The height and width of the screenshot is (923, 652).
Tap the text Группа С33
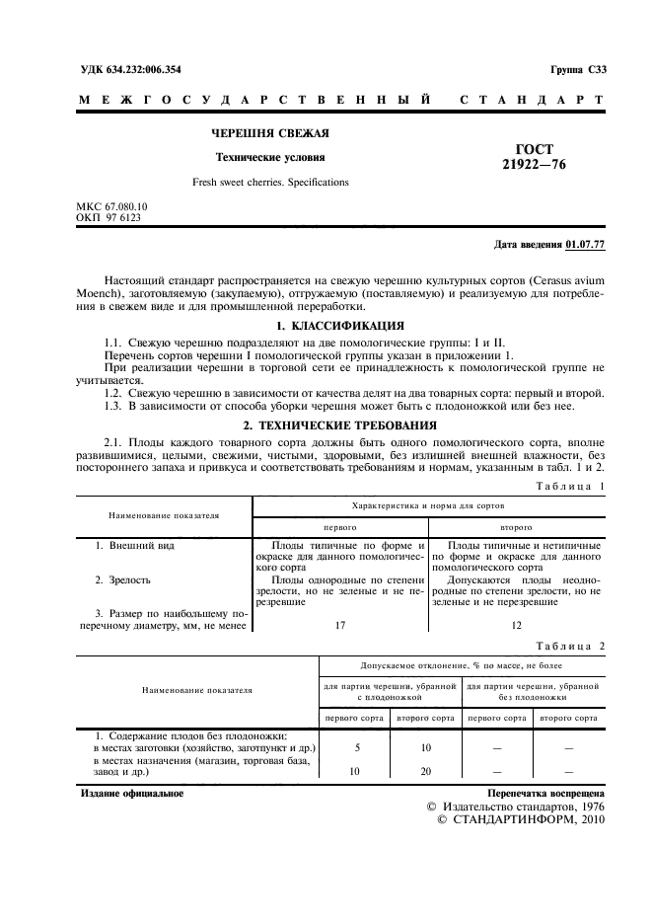click(x=577, y=69)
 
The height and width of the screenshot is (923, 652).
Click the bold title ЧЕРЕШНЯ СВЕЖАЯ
click(x=271, y=133)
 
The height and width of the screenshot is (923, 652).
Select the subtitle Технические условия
click(x=271, y=157)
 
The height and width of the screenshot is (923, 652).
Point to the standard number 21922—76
click(x=534, y=165)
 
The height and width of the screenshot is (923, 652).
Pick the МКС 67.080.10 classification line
click(x=111, y=205)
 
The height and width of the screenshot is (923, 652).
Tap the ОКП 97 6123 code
click(x=108, y=216)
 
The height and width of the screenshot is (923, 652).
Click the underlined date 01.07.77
click(x=586, y=245)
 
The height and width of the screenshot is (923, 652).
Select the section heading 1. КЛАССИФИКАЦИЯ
click(x=340, y=325)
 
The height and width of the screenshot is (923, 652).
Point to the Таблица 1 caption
click(x=569, y=487)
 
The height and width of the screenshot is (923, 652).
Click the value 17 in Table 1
click(x=339, y=624)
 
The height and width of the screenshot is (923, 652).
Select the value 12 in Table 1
click(x=516, y=624)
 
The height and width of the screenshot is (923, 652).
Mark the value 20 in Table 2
click(x=426, y=772)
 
